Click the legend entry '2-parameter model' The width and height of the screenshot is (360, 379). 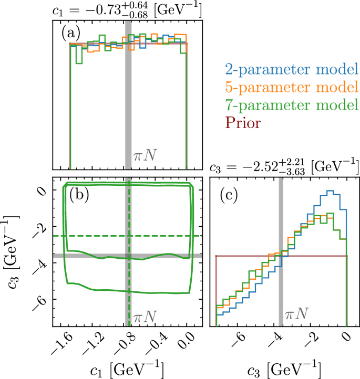pyautogui.click(x=288, y=69)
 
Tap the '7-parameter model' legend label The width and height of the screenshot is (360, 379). pyautogui.click(x=288, y=105)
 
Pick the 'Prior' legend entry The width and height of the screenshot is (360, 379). pyautogui.click(x=243, y=123)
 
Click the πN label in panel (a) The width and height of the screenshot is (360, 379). pyautogui.click(x=145, y=155)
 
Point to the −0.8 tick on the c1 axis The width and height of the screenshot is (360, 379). pyautogui.click(x=128, y=344)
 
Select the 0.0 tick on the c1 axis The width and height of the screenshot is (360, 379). pyautogui.click(x=187, y=344)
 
